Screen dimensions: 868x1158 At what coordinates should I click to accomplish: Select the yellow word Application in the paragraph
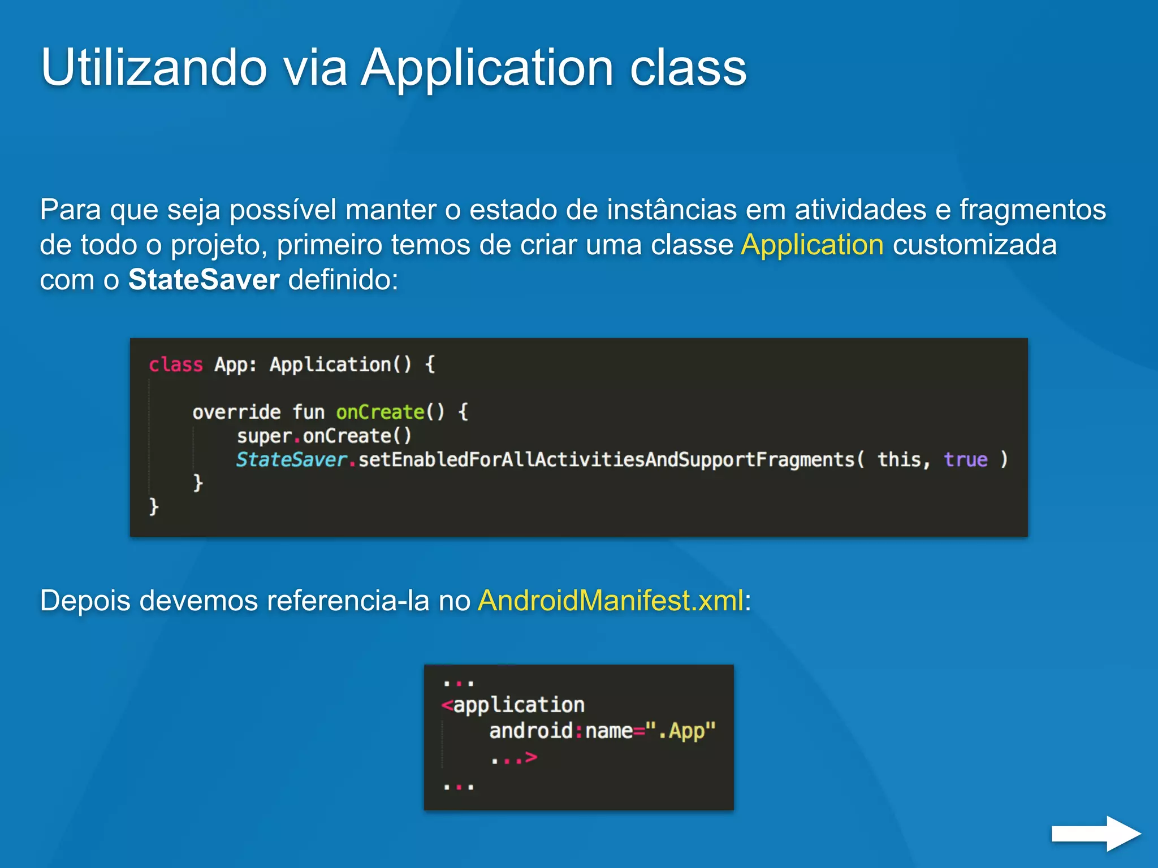point(812,245)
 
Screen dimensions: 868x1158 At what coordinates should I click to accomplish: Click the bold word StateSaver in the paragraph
point(204,280)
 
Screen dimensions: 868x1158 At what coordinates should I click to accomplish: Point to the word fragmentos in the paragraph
point(1032,210)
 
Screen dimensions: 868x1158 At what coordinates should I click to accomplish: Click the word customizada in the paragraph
point(974,245)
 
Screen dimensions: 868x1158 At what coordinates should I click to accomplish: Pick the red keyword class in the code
point(175,365)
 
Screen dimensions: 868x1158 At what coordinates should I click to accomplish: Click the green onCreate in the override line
point(380,412)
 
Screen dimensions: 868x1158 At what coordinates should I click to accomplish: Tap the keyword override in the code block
point(236,412)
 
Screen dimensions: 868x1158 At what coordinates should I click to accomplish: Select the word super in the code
point(264,436)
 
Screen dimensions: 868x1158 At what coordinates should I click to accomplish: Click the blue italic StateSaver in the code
point(291,459)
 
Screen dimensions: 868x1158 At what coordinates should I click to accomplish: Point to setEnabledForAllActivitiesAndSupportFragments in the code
point(606,459)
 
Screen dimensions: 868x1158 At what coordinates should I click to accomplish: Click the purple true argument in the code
point(965,459)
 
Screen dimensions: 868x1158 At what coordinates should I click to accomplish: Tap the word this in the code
point(899,459)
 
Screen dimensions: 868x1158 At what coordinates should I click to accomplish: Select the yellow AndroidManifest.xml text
point(611,600)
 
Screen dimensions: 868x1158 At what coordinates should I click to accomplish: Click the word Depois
point(85,600)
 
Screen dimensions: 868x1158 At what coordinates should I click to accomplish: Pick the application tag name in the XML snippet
point(518,705)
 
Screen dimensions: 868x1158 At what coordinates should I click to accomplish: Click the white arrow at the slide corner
point(1095,833)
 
